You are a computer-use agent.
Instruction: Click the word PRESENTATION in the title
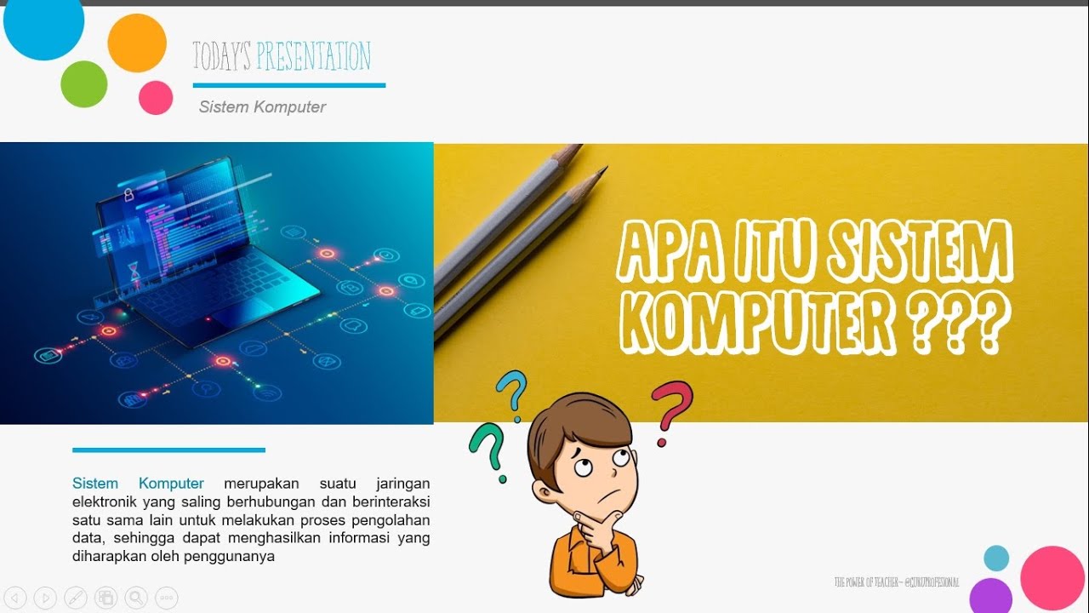point(313,57)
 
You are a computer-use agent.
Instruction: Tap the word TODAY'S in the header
point(221,57)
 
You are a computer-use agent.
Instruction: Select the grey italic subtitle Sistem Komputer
point(262,107)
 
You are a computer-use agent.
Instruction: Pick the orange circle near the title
point(137,43)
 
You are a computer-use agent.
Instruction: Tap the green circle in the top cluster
point(84,84)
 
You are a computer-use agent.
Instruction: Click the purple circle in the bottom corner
point(990,596)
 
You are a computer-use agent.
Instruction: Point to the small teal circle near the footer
point(996,559)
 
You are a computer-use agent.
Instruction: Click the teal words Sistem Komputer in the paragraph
point(138,484)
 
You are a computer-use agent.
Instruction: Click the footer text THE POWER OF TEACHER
point(867,582)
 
